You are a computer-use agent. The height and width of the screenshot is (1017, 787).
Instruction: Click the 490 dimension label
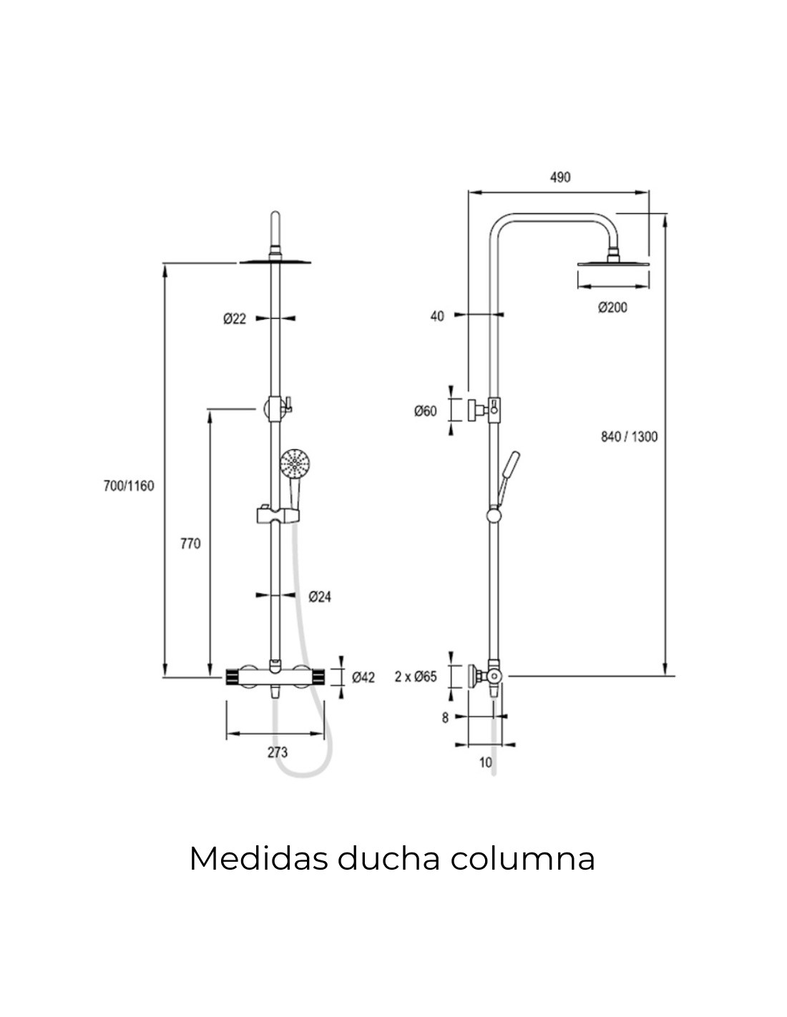[560, 177]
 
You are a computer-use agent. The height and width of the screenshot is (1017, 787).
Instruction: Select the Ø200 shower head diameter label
[612, 307]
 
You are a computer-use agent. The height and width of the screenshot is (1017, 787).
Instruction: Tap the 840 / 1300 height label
[629, 436]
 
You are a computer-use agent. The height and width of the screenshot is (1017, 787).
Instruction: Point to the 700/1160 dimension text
[129, 486]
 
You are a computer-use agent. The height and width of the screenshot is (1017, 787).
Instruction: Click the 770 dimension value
[190, 544]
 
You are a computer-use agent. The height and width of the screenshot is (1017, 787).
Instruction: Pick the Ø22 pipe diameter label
[234, 319]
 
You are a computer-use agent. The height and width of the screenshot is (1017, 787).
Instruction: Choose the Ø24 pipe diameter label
[320, 596]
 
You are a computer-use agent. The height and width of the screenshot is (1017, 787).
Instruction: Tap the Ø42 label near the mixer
[363, 677]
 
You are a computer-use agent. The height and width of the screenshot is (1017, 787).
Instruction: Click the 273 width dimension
[277, 752]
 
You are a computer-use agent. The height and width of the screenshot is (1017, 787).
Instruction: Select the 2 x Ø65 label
[416, 677]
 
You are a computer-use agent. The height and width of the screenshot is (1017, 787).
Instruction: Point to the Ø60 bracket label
[425, 411]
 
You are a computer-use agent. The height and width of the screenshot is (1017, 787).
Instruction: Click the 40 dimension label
[437, 315]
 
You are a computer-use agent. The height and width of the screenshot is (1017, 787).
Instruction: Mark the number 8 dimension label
[445, 717]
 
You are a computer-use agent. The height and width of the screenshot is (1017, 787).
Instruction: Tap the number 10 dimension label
[486, 762]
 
